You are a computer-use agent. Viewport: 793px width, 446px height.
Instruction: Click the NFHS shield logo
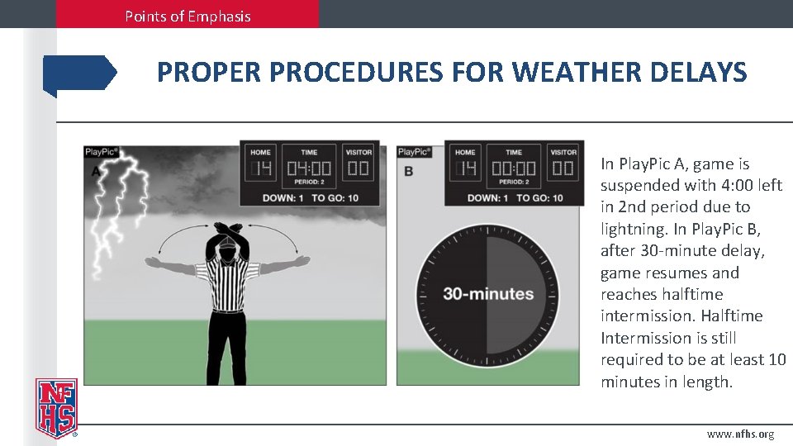click(55, 406)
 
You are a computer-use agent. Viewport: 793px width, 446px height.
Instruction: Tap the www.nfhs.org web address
click(740, 434)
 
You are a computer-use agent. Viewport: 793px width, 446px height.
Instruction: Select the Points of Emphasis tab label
click(188, 16)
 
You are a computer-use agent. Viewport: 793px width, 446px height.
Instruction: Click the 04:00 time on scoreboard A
click(309, 169)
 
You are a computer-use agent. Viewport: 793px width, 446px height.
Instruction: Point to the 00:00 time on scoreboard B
click(514, 169)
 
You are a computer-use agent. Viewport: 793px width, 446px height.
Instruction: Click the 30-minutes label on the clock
click(488, 293)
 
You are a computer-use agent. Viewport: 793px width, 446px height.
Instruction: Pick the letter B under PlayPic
click(408, 171)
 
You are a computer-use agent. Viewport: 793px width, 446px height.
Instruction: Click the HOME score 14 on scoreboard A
click(262, 169)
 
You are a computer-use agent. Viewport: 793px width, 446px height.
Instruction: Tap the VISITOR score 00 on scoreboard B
click(563, 169)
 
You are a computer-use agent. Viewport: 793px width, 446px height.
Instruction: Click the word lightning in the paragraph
click(633, 229)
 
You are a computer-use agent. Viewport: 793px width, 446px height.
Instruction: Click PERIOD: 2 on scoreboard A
click(309, 183)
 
